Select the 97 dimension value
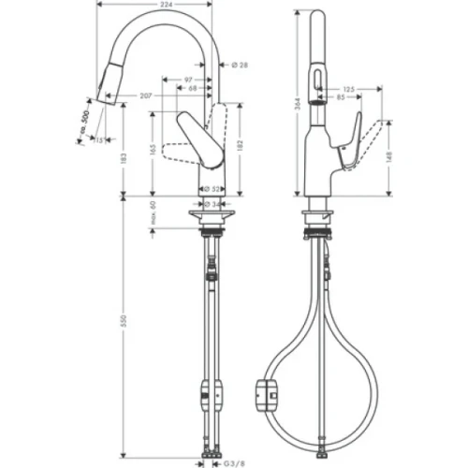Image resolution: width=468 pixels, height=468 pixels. [x=188, y=81]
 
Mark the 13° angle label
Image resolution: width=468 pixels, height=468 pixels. [x=100, y=140]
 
